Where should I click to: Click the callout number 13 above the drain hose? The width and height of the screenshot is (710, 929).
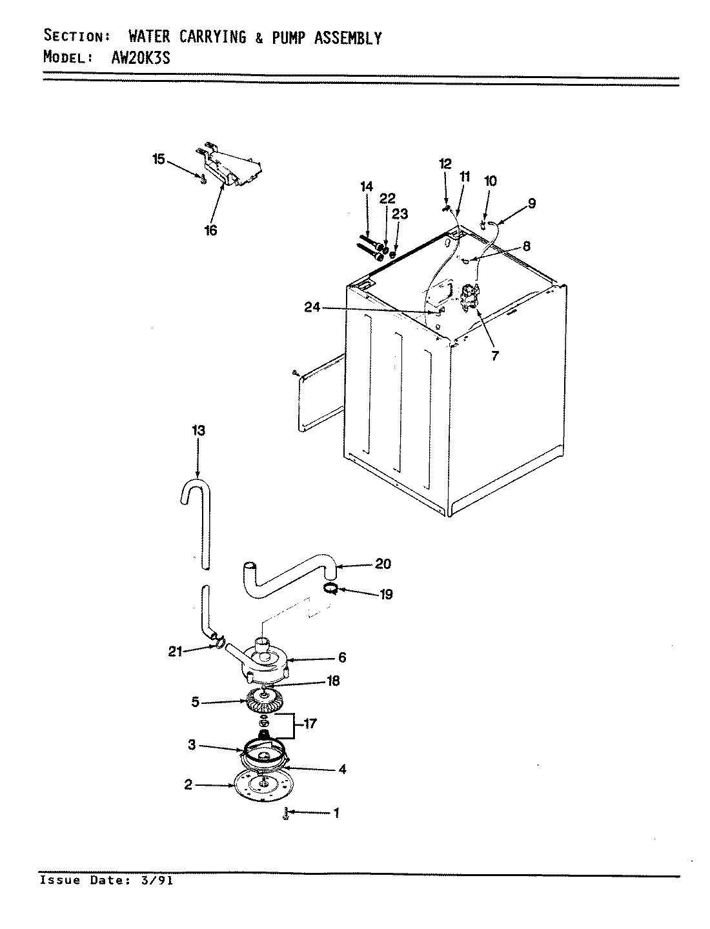pos(198,430)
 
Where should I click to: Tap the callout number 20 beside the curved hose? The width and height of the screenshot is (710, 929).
pos(383,564)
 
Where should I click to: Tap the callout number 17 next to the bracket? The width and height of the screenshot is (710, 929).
pos(310,724)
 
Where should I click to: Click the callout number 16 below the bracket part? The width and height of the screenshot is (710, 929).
pos(211,230)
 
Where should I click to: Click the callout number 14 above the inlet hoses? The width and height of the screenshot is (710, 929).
pos(367,186)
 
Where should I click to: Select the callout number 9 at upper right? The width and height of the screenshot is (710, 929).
pos(531,203)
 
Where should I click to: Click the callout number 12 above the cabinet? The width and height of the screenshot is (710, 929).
pos(446,164)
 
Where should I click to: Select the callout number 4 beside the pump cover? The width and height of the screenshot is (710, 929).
pos(342,769)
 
